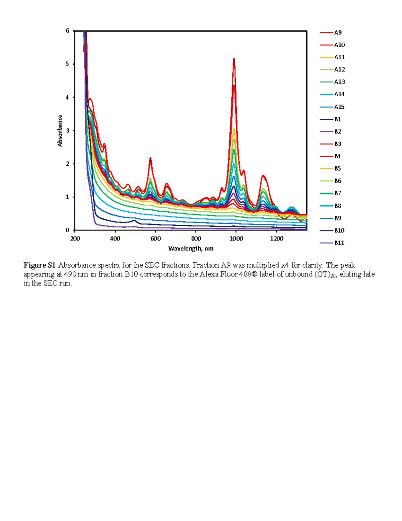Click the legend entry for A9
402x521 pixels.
[x=337, y=33]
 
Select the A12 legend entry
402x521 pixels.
[x=339, y=69]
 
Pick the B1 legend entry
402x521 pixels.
[x=337, y=119]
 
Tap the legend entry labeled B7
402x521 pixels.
[x=337, y=193]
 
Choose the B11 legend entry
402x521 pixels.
[x=339, y=243]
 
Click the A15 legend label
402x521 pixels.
[x=339, y=107]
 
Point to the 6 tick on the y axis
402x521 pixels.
[x=68, y=31]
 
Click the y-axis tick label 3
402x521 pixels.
[x=68, y=131]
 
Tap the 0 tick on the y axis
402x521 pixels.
[x=68, y=230]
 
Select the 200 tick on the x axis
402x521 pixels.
[x=75, y=239]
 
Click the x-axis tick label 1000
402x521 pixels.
[x=236, y=239]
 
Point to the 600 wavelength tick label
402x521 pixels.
[x=155, y=239]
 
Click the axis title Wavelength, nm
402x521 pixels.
[x=191, y=249]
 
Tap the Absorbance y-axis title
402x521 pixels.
[x=60, y=131]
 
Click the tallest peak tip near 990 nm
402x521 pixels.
[x=234, y=59]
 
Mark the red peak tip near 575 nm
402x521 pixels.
[x=150, y=158]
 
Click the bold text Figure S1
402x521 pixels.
[x=39, y=265]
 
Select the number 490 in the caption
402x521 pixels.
[x=70, y=274]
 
